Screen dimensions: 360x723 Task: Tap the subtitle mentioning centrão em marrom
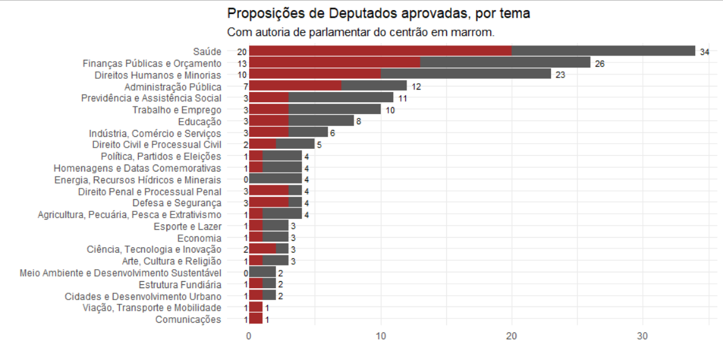360,32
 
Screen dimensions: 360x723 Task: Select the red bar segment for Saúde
380,51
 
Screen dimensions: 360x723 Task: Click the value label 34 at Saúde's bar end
705,52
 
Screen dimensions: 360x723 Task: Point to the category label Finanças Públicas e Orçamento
152,63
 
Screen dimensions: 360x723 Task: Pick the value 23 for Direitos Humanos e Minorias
560,75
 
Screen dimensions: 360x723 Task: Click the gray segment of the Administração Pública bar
374,86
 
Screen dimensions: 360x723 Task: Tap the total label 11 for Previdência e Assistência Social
403,98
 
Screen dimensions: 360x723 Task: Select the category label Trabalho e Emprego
176,110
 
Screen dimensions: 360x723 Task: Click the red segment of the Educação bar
269,122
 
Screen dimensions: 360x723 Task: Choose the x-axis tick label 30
642,337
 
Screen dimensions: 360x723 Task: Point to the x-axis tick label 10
380,337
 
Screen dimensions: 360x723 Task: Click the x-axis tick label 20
511,337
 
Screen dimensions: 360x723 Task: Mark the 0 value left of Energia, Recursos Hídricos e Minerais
246,180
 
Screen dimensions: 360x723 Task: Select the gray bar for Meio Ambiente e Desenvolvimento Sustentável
262,273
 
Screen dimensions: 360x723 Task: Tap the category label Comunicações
188,320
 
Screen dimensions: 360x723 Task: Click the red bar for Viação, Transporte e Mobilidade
255,308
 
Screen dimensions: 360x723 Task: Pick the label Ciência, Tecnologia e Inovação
154,250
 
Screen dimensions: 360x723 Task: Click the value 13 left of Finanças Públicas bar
242,64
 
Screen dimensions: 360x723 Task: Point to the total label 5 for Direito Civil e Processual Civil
319,145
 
